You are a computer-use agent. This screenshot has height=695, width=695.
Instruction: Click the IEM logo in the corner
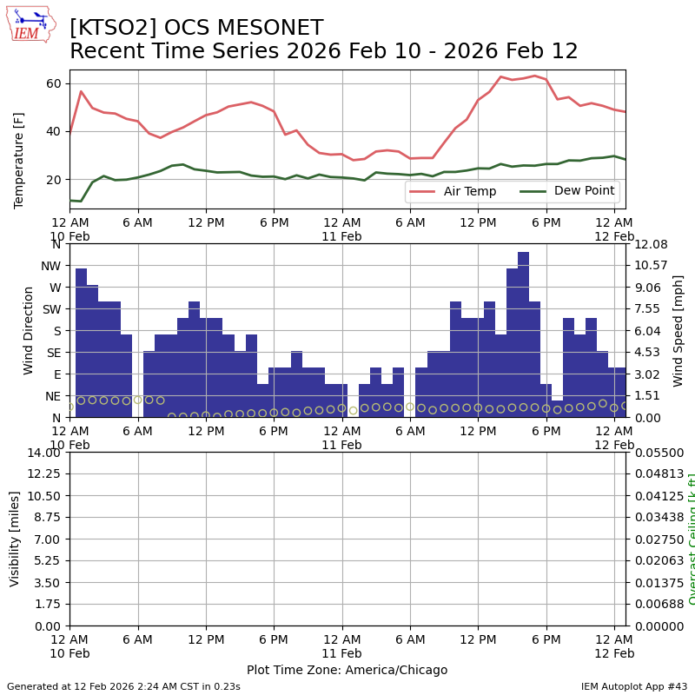pos(30,23)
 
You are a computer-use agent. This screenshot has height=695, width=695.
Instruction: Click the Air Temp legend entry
pos(469,191)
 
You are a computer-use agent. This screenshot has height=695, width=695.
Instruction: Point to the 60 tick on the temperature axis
pos(53,83)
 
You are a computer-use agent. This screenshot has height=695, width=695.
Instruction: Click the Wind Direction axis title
pos(29,330)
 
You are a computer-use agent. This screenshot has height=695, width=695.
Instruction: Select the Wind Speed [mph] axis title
pos(678,330)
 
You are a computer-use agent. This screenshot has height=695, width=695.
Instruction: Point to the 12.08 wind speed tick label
pos(649,244)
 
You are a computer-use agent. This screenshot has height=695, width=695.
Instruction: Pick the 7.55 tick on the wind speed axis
pos(649,308)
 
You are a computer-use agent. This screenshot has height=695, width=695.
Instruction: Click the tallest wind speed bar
pos(523,334)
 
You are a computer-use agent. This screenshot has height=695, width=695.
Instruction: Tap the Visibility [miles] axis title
pos(15,539)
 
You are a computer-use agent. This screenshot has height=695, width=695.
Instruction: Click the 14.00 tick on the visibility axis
pos(44,453)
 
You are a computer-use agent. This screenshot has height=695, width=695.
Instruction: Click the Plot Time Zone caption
pos(347,670)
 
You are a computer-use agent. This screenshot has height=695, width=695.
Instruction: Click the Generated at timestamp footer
pos(123,686)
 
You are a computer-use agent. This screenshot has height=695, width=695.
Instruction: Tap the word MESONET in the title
pos(261,28)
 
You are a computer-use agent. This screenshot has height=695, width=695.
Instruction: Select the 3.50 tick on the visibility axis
pos(48,583)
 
